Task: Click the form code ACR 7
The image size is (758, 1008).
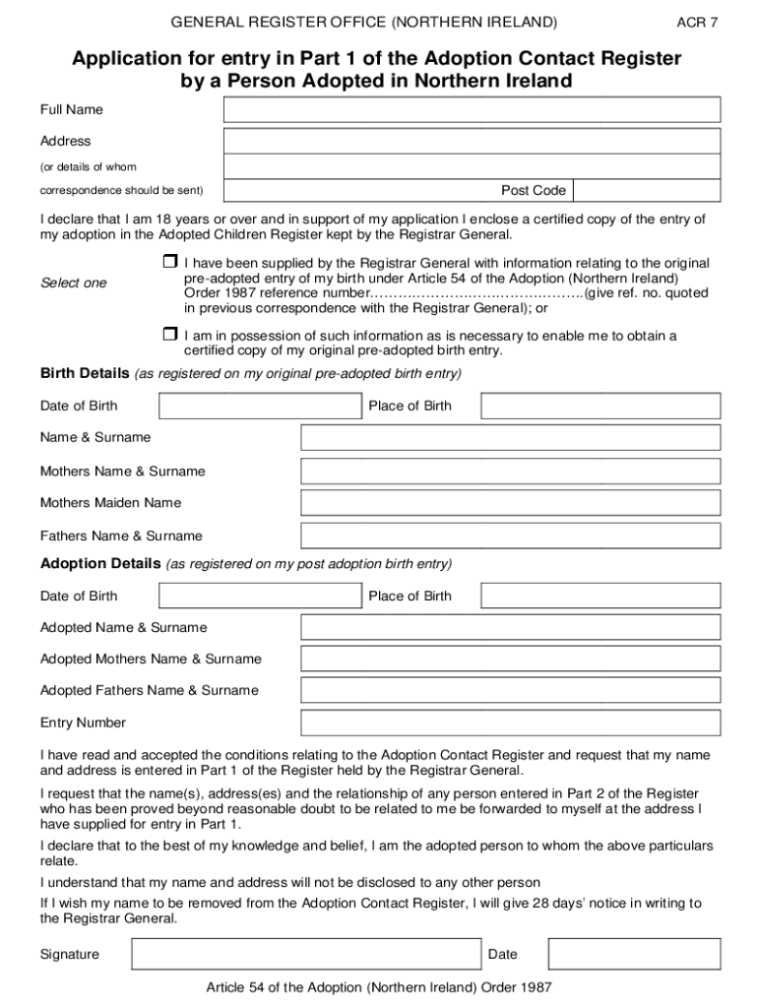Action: pyautogui.click(x=697, y=22)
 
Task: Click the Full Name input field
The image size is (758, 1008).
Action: pyautogui.click(x=472, y=110)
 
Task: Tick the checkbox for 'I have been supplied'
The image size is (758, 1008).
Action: pyautogui.click(x=168, y=263)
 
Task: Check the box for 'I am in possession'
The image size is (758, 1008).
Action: pyautogui.click(x=168, y=336)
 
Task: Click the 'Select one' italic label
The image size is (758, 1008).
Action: pyautogui.click(x=73, y=283)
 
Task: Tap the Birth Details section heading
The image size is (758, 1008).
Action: pyautogui.click(x=84, y=374)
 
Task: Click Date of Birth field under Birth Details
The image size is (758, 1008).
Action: pyautogui.click(x=260, y=406)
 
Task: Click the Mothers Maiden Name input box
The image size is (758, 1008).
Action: pyautogui.click(x=510, y=503)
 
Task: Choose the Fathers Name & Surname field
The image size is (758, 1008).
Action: pyautogui.click(x=510, y=535)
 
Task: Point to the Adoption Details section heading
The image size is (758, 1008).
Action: pyautogui.click(x=99, y=564)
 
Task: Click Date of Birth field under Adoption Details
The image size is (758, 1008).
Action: pyautogui.click(x=260, y=596)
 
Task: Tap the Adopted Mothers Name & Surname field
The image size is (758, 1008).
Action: pyautogui.click(x=510, y=659)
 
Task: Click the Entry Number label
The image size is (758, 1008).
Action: pyautogui.click(x=83, y=723)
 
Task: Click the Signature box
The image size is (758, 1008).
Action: pyautogui.click(x=306, y=954)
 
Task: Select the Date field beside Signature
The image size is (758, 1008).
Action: pyautogui.click(x=634, y=954)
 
